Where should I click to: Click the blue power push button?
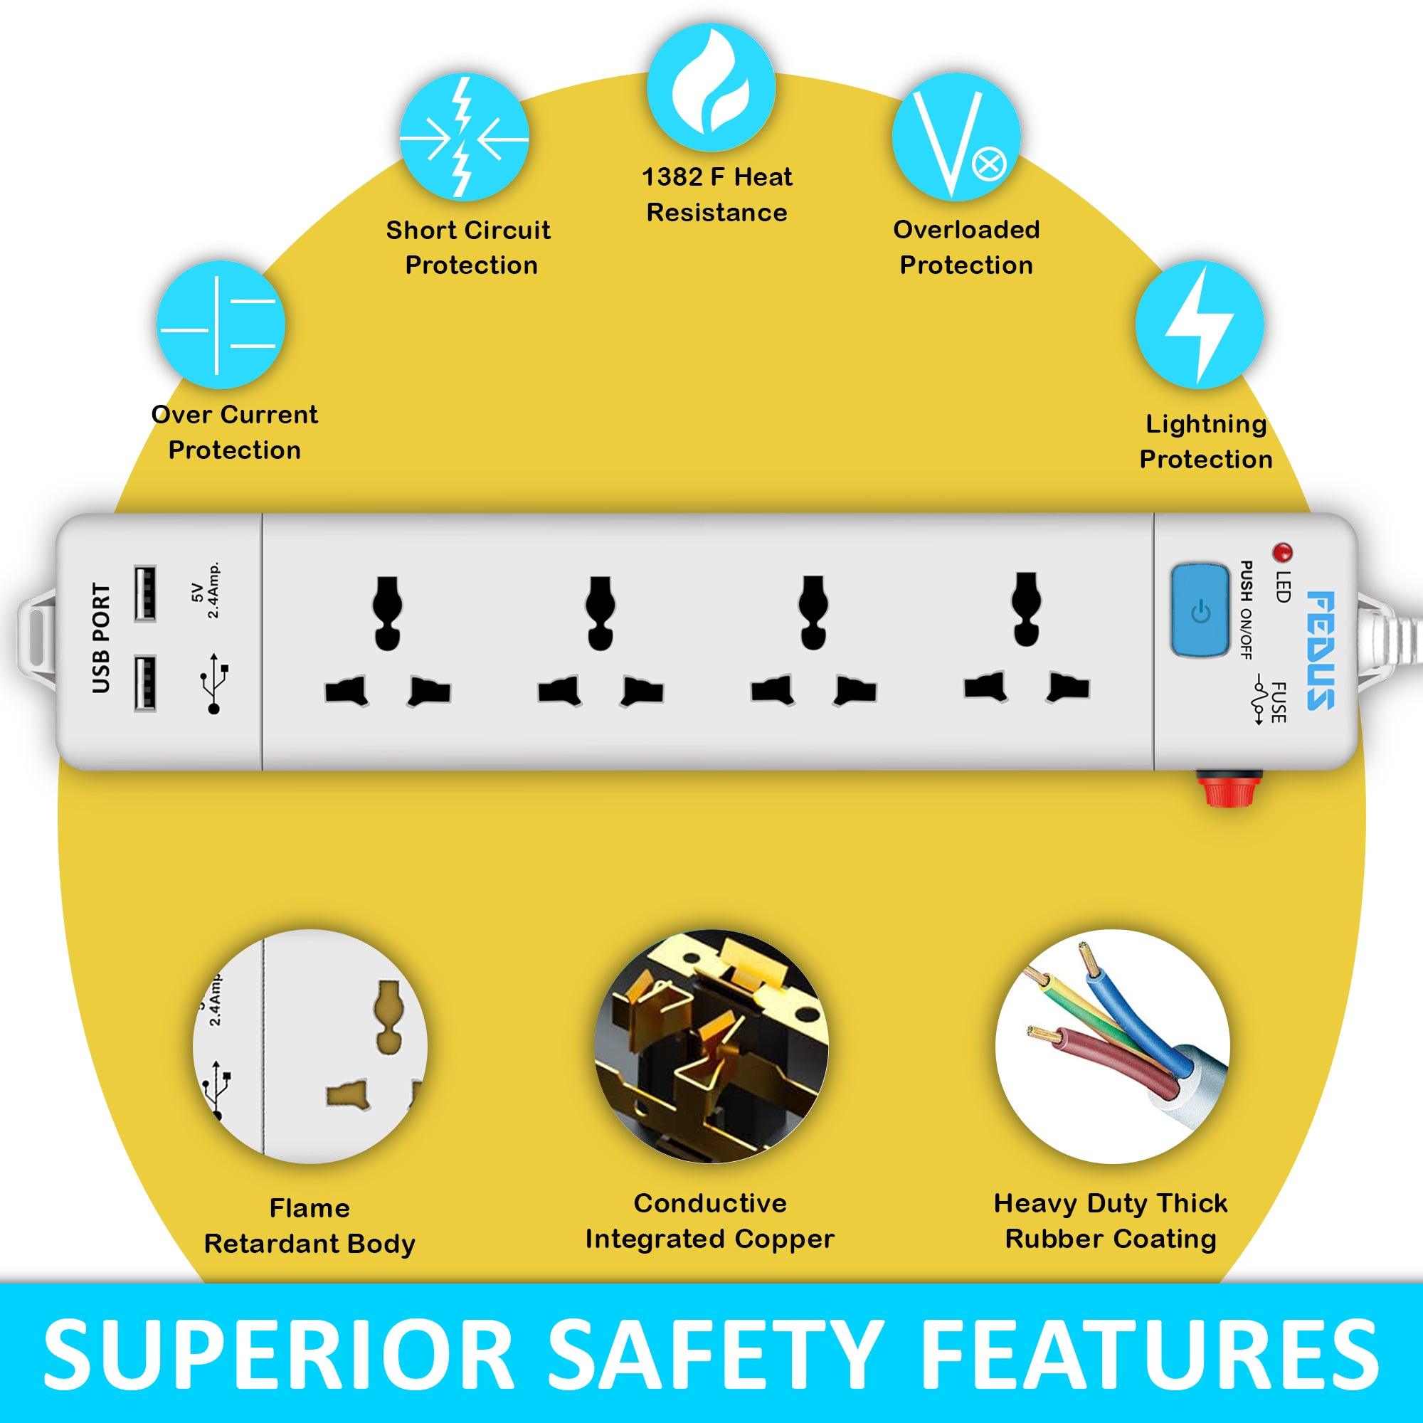pyautogui.click(x=1200, y=609)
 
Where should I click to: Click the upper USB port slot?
pyautogui.click(x=145, y=593)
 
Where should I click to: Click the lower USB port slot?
pyautogui.click(x=145, y=684)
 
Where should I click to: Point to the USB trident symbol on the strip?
pyautogui.click(x=216, y=683)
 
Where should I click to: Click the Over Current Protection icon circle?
pyautogui.click(x=221, y=324)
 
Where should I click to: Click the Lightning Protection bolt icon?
pyautogui.click(x=1199, y=324)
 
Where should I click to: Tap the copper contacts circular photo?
pyautogui.click(x=711, y=1046)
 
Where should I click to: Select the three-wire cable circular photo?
pyautogui.click(x=1111, y=1046)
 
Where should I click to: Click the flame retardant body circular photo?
pyautogui.click(x=310, y=1046)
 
